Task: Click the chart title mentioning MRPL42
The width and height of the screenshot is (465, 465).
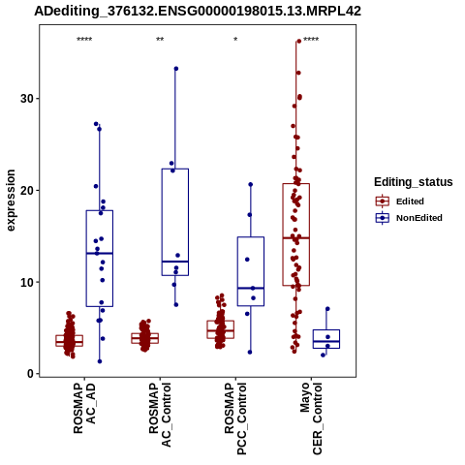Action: click(198, 12)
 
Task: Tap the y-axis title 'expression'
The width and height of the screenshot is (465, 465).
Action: click(11, 201)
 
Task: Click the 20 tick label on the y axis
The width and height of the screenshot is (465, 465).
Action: click(27, 190)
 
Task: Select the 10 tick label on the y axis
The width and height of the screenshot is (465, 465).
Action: click(27, 282)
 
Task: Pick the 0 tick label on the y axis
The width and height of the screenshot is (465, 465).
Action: click(31, 374)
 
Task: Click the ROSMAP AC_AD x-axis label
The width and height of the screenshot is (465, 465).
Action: click(84, 408)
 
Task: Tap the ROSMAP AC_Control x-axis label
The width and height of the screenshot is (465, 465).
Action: click(160, 415)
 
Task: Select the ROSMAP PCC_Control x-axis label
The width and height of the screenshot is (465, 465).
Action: click(235, 418)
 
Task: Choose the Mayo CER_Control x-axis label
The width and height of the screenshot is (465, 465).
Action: click(311, 418)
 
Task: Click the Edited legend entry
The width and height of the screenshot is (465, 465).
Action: click(400, 201)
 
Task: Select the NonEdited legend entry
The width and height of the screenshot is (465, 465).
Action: click(409, 218)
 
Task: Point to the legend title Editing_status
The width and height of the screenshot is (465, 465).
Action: click(414, 182)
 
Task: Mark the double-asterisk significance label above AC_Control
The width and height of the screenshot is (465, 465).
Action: click(160, 40)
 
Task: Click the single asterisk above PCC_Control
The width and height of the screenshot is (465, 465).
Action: click(235, 40)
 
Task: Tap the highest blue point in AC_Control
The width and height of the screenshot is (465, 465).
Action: click(176, 69)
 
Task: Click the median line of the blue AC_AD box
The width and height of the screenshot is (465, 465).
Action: click(100, 253)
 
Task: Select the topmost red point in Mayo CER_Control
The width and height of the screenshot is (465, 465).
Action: click(299, 41)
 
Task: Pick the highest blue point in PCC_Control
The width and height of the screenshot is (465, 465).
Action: click(251, 184)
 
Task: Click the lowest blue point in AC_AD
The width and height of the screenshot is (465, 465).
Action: click(100, 361)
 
